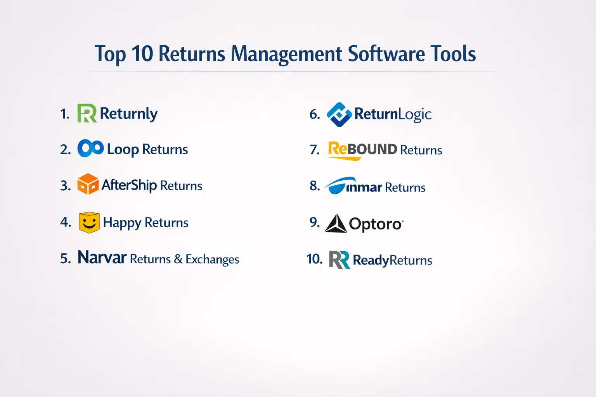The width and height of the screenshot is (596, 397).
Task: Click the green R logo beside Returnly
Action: tap(87, 113)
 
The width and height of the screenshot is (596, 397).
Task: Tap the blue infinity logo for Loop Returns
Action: tap(90, 148)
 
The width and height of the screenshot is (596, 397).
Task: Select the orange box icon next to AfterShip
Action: tap(88, 184)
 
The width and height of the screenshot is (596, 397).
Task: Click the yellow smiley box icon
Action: tap(89, 223)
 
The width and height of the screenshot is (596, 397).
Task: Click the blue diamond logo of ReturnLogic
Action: tap(339, 115)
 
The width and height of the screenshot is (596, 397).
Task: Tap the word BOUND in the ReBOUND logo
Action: tap(372, 149)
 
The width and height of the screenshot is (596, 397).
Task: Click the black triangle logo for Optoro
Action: tap(336, 223)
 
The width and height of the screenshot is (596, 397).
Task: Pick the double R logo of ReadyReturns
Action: tap(340, 259)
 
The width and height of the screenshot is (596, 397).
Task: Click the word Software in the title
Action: tap(386, 54)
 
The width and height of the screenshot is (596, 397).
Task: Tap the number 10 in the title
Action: tap(142, 54)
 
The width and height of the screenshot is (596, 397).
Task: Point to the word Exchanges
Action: tap(212, 259)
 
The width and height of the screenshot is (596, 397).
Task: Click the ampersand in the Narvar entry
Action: tap(178, 259)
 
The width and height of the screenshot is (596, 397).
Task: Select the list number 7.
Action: tap(315, 150)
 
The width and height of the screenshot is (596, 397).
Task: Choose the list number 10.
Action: tap(315, 259)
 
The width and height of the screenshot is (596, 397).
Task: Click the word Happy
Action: tap(122, 223)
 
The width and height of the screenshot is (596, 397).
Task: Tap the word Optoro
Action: tap(376, 224)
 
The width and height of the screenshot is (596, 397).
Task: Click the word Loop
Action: tap(123, 150)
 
